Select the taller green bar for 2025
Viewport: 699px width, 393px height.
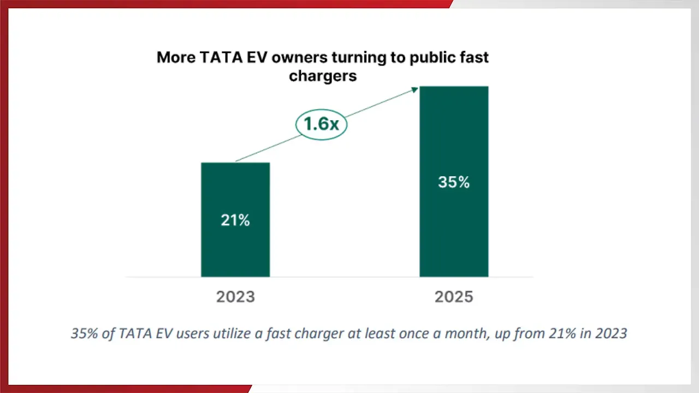(x=454, y=136)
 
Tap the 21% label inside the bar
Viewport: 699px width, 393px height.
(x=235, y=221)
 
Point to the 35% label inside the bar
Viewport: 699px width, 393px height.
(x=454, y=182)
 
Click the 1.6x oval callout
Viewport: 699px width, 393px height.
(x=321, y=124)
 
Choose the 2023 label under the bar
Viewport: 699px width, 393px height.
(x=235, y=297)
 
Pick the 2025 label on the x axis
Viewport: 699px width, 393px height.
(x=454, y=297)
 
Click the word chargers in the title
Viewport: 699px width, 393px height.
(x=323, y=76)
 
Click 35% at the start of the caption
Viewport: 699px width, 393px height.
(x=85, y=333)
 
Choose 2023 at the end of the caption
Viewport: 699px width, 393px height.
(x=609, y=333)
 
